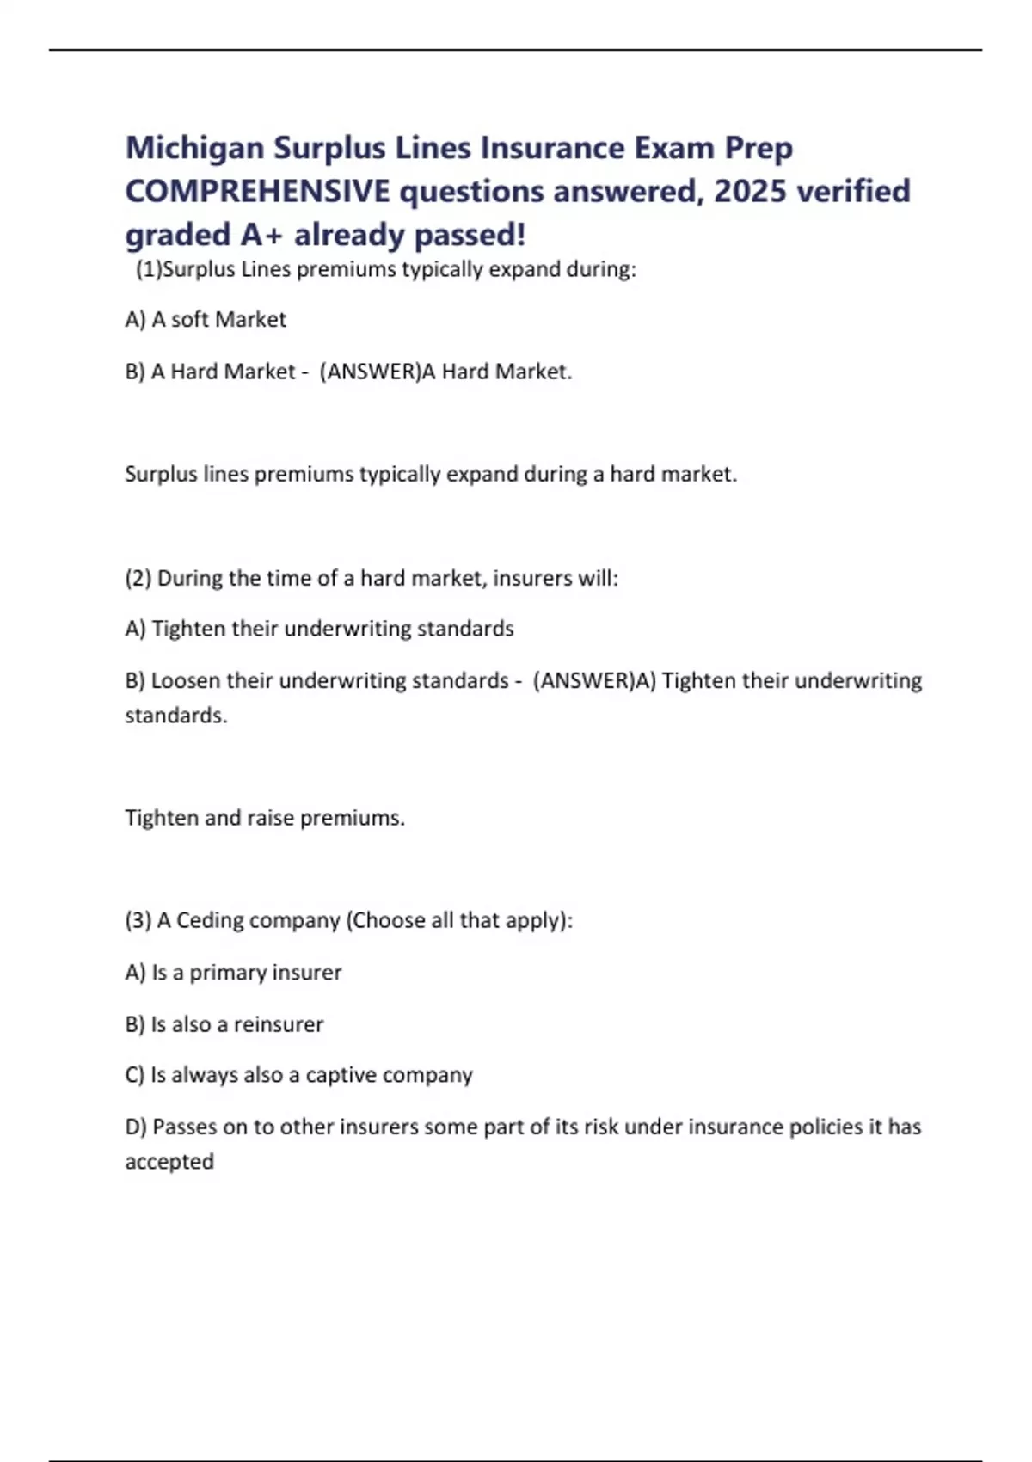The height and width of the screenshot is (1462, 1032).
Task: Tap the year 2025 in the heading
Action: [751, 192]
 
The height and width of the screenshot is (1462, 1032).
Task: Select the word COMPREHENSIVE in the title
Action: [257, 192]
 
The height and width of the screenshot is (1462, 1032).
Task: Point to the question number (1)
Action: [149, 270]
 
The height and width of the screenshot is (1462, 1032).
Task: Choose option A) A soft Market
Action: [206, 320]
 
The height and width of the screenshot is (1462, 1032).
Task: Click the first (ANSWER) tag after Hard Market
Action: [370, 372]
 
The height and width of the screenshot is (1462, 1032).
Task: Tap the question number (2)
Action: [138, 578]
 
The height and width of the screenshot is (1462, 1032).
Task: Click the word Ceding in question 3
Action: [210, 920]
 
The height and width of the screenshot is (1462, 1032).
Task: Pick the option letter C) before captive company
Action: [135, 1075]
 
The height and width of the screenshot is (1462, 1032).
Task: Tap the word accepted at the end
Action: [169, 1162]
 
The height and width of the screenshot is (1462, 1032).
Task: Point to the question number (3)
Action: [138, 920]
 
